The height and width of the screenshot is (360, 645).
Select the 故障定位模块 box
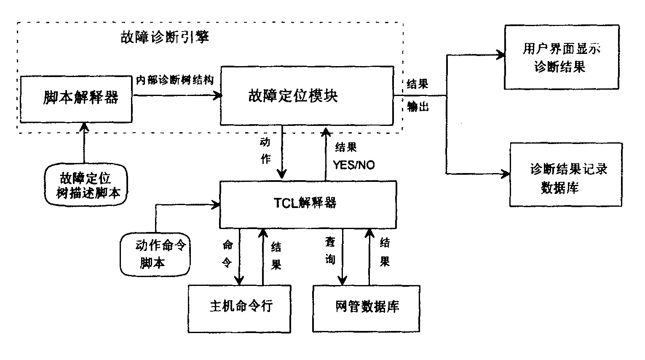click(x=307, y=96)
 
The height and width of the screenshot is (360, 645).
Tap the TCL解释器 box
click(x=308, y=204)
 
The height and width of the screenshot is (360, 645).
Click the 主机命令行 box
click(x=239, y=309)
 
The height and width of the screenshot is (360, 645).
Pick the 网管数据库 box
click(x=366, y=309)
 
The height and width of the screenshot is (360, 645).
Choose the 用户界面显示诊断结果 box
click(x=562, y=57)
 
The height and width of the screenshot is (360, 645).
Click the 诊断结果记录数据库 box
click(x=566, y=175)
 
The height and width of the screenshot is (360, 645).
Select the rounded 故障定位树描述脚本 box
click(x=86, y=185)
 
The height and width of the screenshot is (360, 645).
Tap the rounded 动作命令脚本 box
click(x=155, y=254)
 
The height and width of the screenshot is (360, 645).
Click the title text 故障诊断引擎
click(x=165, y=37)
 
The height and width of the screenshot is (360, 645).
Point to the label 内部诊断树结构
click(x=174, y=80)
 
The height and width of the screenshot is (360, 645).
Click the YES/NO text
click(x=353, y=165)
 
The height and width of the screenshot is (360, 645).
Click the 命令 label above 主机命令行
click(x=227, y=253)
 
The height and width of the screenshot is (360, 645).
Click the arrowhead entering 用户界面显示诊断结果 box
click(x=500, y=55)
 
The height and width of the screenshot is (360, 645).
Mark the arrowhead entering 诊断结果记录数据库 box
click(x=505, y=173)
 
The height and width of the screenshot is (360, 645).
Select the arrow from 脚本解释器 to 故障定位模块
click(x=177, y=96)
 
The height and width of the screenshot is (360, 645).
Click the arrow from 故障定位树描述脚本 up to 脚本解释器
click(x=84, y=143)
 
